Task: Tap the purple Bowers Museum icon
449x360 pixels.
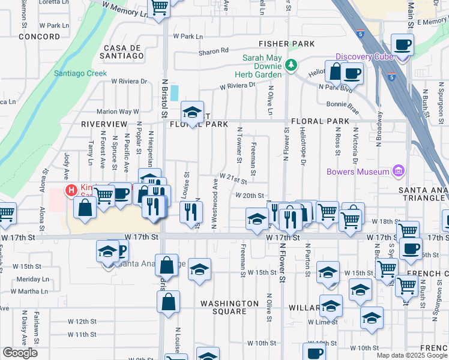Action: pyautogui.click(x=397, y=172)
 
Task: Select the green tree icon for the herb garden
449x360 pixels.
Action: pyautogui.click(x=292, y=64)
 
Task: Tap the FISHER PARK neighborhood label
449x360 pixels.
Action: pyautogui.click(x=287, y=44)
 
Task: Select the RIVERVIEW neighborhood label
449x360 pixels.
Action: pyautogui.click(x=102, y=124)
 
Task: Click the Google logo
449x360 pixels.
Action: pyautogui.click(x=20, y=353)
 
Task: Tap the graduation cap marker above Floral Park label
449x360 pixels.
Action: pyautogui.click(x=192, y=112)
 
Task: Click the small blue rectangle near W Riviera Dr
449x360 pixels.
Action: pyautogui.click(x=174, y=93)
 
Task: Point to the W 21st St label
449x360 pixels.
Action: pyautogui.click(x=234, y=178)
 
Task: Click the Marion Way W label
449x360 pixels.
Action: pyautogui.click(x=118, y=112)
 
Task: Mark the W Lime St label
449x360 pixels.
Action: pyautogui.click(x=322, y=322)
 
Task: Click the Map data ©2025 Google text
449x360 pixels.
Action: pyautogui.click(x=412, y=355)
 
